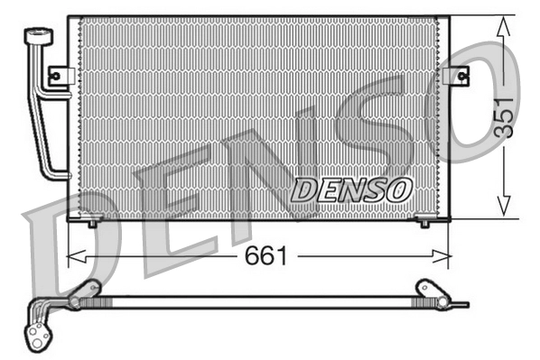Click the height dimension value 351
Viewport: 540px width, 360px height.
pyautogui.click(x=505, y=115)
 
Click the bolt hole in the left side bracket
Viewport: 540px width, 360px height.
pyautogui.click(x=54, y=76)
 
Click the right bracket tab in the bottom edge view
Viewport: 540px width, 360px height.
pyautogui.click(x=424, y=290)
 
